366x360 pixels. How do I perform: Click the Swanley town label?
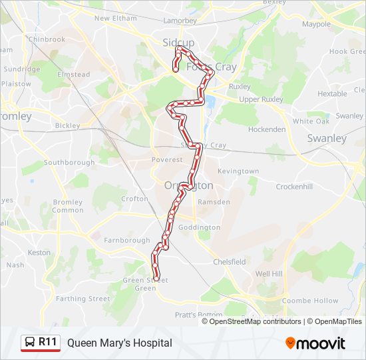pos(327,139)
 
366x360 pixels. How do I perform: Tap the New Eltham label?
pos(115,19)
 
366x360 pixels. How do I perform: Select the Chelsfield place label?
pos(230,262)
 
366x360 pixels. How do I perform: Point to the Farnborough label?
pos(126,241)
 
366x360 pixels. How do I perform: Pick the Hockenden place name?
pos(267,129)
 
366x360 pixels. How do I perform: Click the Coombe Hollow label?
pos(310,301)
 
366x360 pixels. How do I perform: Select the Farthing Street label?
pos(83,299)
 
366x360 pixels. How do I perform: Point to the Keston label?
pos(39,253)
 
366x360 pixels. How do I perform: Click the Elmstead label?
pos(74,75)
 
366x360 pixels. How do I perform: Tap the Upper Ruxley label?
pos(262,99)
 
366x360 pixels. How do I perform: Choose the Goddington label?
pos(199,227)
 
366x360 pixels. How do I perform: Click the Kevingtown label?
pos(238,171)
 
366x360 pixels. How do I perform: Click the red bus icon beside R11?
pos(30,343)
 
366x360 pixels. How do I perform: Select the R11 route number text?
pos(48,343)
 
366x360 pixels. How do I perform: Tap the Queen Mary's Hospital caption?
pos(119,343)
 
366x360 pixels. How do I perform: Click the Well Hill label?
pos(269,274)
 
